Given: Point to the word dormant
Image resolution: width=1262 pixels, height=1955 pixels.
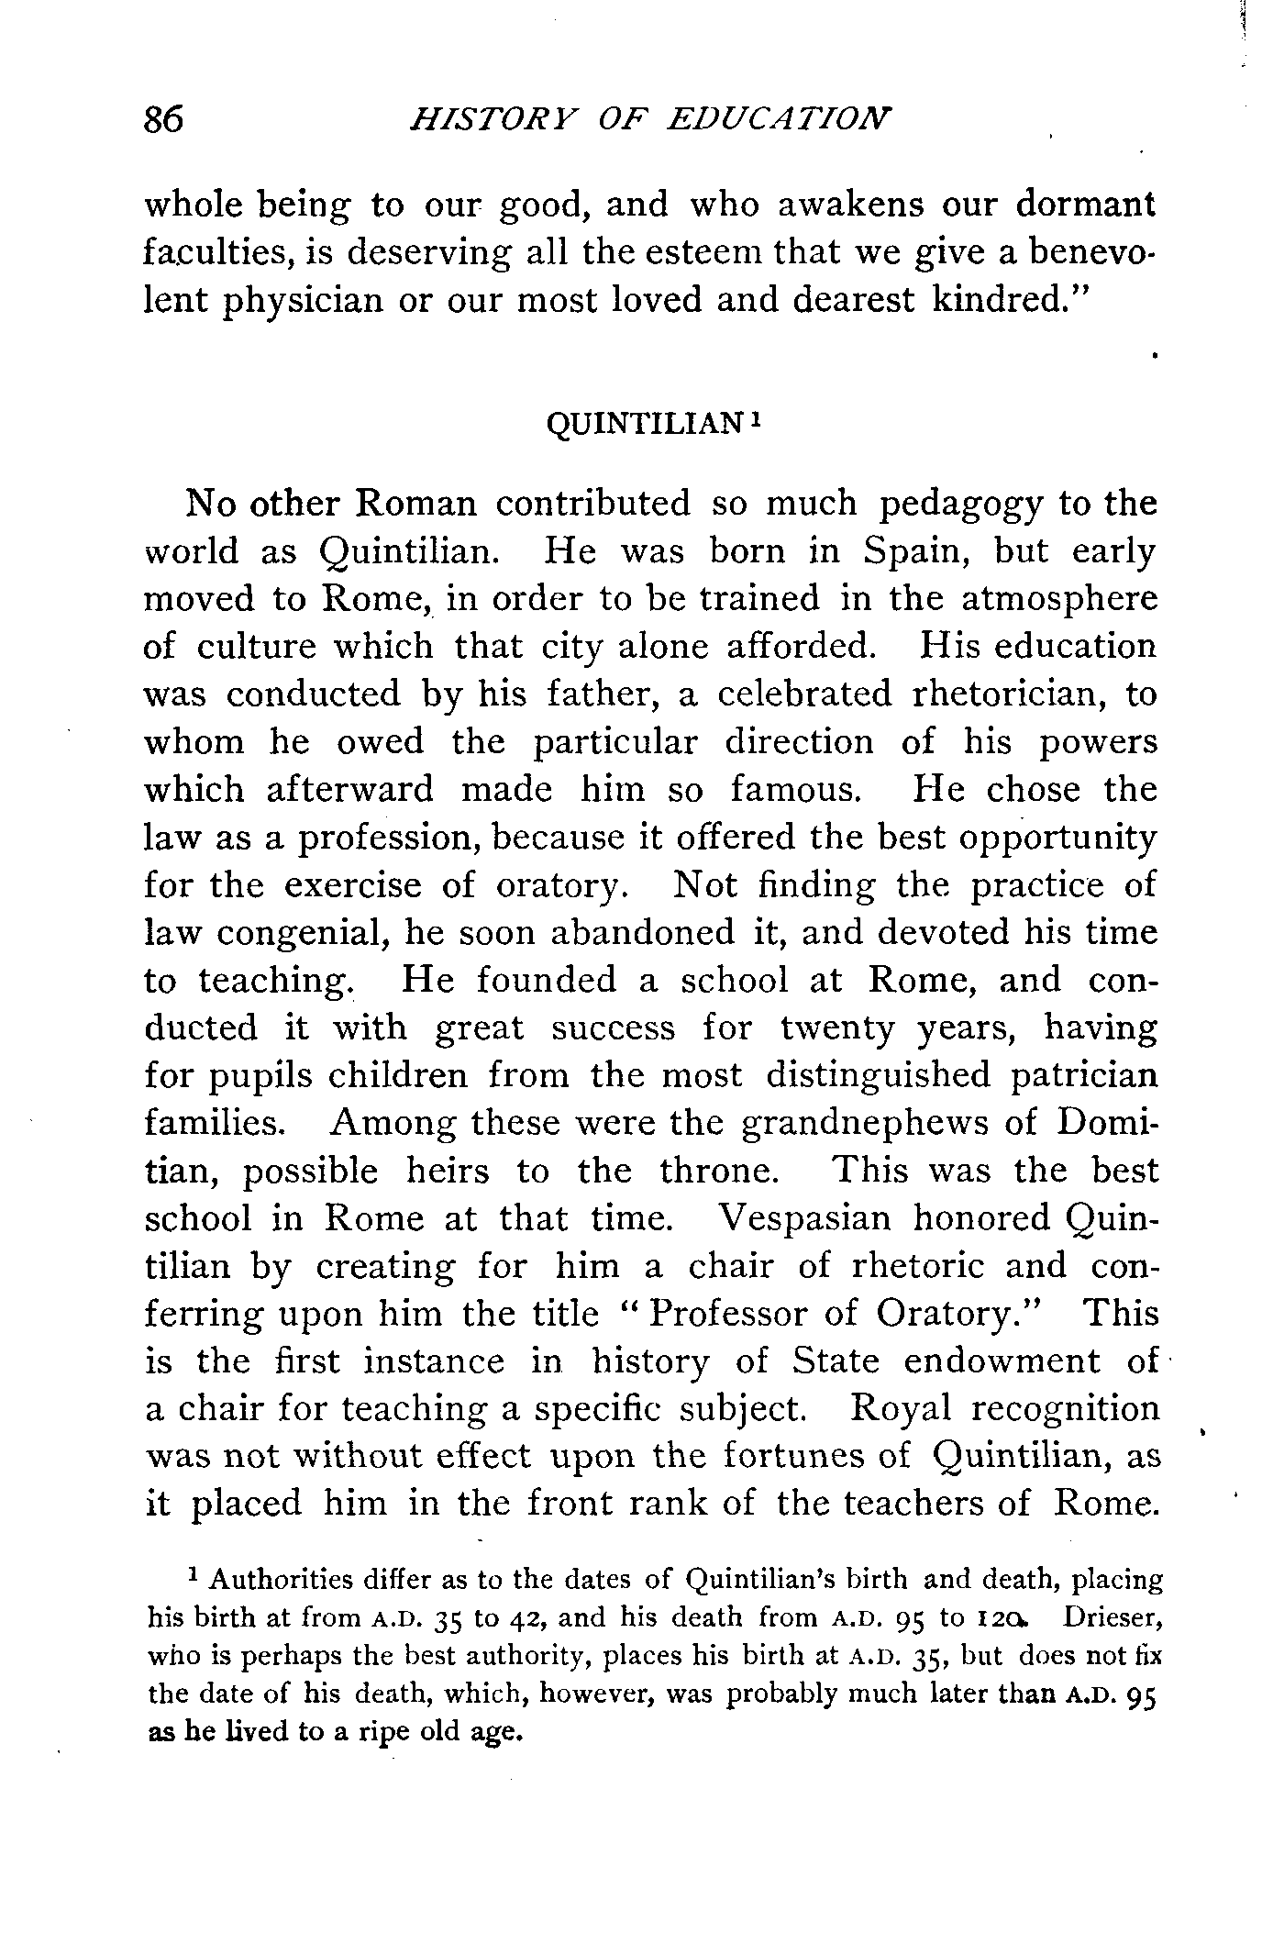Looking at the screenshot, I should pos(1085,204).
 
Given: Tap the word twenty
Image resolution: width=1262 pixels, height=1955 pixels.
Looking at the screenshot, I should pos(836,1028).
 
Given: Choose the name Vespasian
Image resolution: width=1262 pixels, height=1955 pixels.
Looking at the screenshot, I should pos(804,1219).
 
